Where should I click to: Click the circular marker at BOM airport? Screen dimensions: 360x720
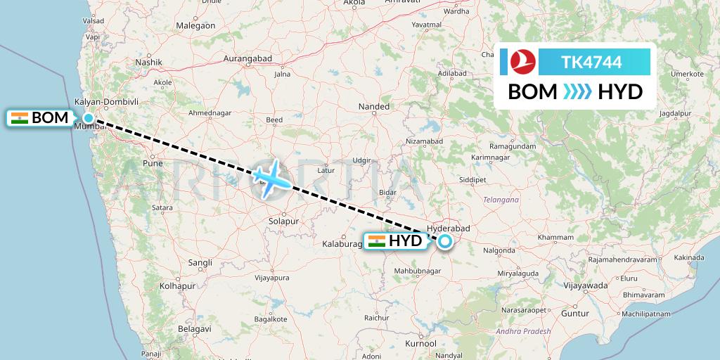pyautogui.click(x=89, y=118)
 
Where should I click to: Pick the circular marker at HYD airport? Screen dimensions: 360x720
pyautogui.click(x=445, y=242)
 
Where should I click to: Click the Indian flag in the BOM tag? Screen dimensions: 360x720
pyautogui.click(x=20, y=117)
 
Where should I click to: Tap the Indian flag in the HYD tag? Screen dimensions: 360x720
pyautogui.click(x=376, y=241)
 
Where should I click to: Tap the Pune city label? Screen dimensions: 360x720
pyautogui.click(x=153, y=163)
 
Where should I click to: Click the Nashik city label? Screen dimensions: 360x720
pyautogui.click(x=149, y=62)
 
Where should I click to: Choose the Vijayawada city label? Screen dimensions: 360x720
pyautogui.click(x=586, y=285)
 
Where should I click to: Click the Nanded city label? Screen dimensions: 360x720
pyautogui.click(x=373, y=107)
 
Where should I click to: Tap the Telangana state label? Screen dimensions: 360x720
pyautogui.click(x=501, y=200)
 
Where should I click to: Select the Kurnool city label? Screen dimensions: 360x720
pyautogui.click(x=420, y=343)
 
